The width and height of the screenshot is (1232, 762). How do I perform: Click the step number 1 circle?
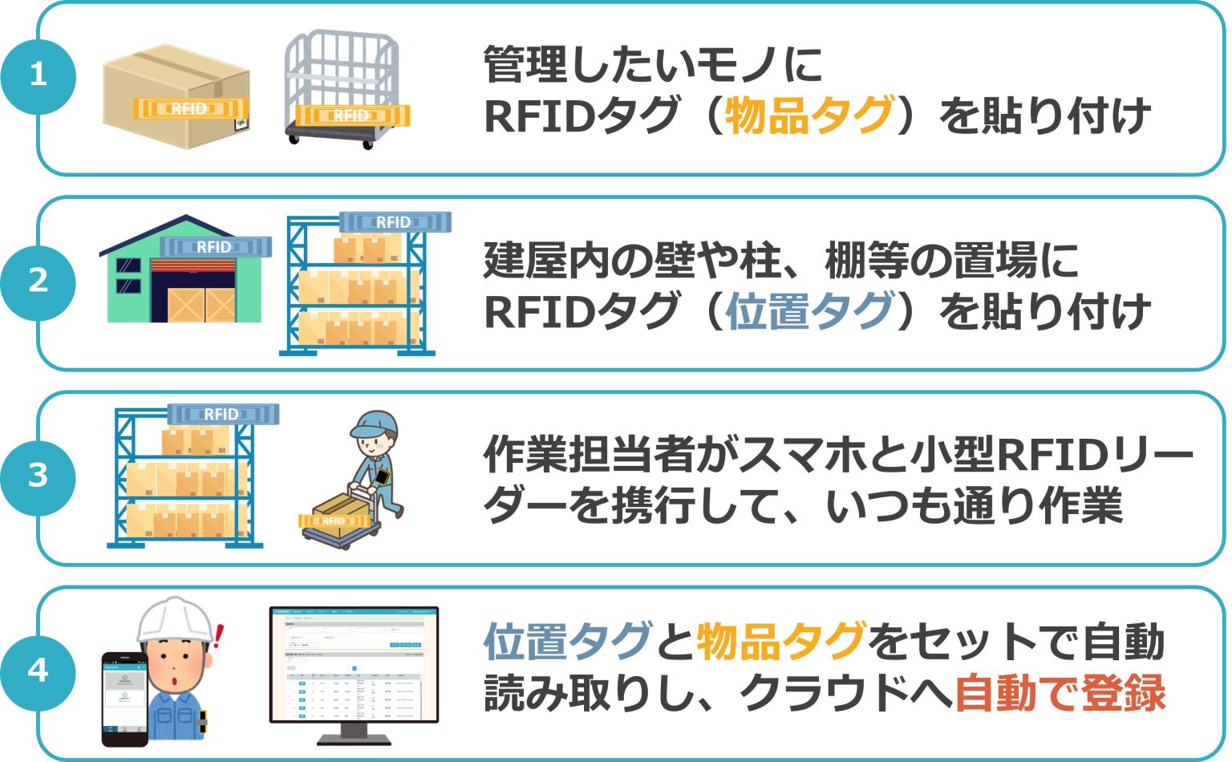click(38, 76)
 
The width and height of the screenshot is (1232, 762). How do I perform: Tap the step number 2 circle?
click(38, 282)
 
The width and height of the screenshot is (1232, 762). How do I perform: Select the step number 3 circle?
click(38, 476)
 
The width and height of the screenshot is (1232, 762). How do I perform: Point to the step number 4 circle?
click(38, 671)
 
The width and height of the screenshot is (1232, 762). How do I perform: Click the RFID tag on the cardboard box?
click(189, 108)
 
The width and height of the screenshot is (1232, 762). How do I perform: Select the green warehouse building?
click(184, 277)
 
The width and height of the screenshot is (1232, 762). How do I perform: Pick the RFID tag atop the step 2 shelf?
click(394, 221)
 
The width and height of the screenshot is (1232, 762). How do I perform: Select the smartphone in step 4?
click(124, 698)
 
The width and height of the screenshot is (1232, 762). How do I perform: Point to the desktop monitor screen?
click(354, 664)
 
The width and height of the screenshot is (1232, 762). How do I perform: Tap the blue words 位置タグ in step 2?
click(809, 312)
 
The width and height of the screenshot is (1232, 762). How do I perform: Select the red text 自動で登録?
click(1060, 693)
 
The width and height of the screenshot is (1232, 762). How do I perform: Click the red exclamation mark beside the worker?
click(219, 637)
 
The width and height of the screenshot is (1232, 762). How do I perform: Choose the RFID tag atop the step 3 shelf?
click(222, 414)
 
